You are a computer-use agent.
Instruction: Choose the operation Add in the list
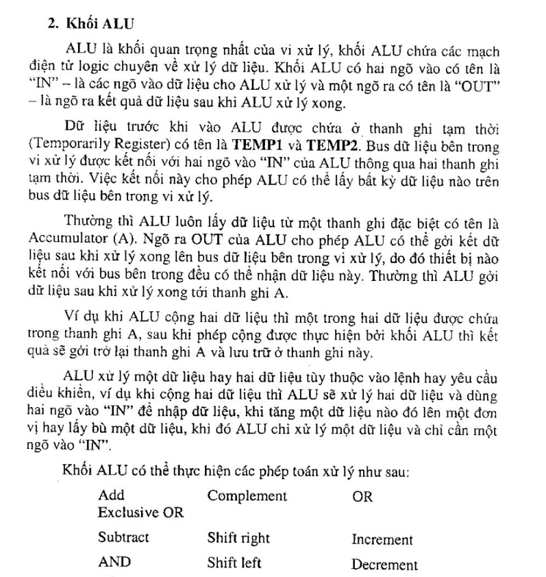[110, 495]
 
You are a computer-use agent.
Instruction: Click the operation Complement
[247, 495]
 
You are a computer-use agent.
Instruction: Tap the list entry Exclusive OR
[140, 513]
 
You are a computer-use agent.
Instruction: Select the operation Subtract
[123, 538]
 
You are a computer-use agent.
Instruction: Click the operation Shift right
[238, 539]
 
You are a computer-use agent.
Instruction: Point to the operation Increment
[382, 540]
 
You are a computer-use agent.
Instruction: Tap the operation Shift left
[234, 564]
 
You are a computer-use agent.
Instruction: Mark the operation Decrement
[384, 565]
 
